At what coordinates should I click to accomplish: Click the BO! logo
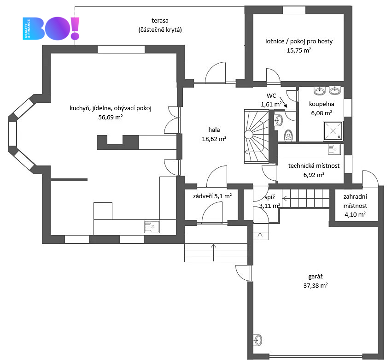[x=51, y=28]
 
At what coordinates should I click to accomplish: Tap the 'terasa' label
[x=160, y=21]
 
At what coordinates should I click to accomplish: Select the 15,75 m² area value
[x=299, y=50]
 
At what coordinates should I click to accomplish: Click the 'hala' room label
[x=214, y=130]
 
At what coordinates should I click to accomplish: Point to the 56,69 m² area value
[x=111, y=117]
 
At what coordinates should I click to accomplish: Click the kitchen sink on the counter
[x=152, y=227]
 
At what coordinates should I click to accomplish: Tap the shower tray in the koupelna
[x=333, y=131]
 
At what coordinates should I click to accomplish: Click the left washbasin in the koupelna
[x=320, y=90]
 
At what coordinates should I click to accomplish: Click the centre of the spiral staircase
[x=249, y=135]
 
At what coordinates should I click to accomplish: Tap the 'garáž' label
[x=316, y=277]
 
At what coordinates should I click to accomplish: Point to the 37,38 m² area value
[x=316, y=285]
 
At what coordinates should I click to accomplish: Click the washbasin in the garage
[x=257, y=340]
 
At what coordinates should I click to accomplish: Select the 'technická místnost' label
[x=314, y=165]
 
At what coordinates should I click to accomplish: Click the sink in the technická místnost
[x=334, y=150]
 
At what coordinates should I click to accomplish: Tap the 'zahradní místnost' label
[x=355, y=201]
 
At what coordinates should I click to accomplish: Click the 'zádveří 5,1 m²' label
[x=212, y=196]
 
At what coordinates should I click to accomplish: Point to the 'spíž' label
[x=270, y=197]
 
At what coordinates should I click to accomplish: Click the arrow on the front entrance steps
[x=213, y=253]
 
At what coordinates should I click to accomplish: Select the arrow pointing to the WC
[x=283, y=102]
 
